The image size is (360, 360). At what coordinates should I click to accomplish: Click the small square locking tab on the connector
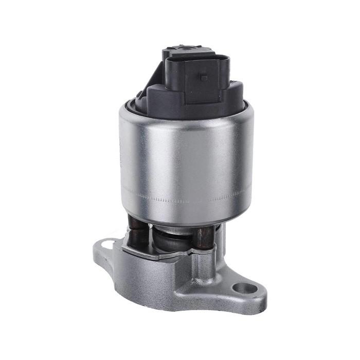pos(204,78)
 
